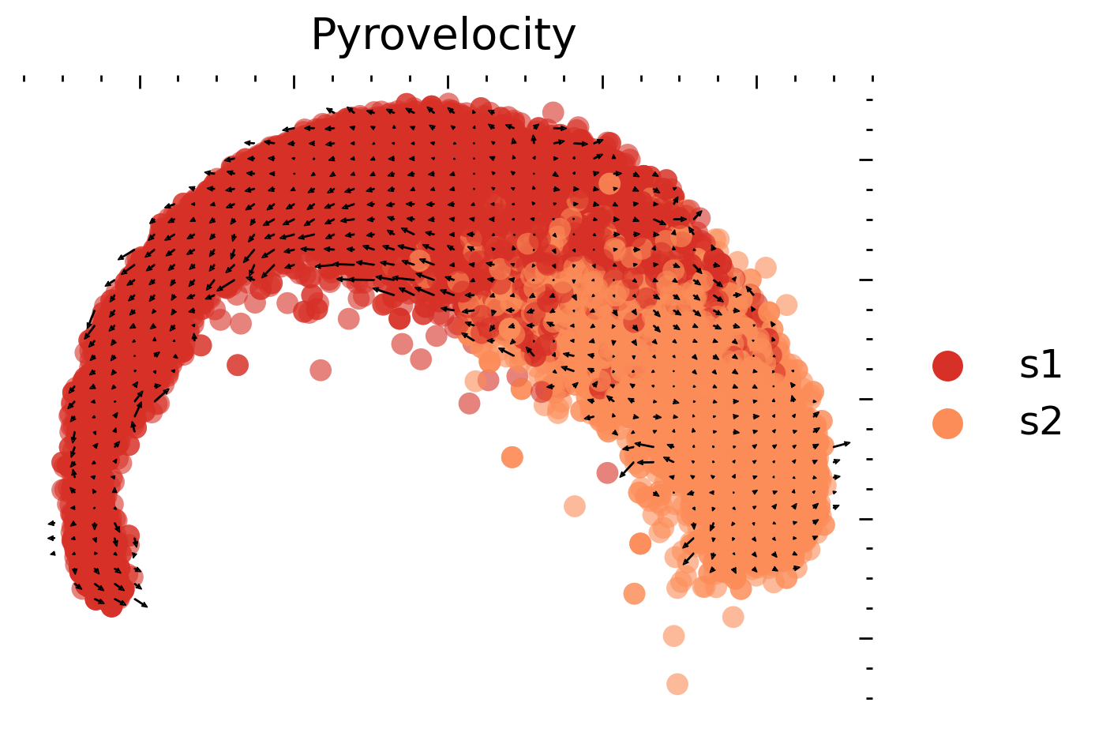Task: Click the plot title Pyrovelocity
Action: click(x=443, y=36)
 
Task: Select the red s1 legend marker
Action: click(x=947, y=366)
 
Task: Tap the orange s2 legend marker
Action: click(x=947, y=423)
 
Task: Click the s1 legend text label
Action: click(x=1041, y=365)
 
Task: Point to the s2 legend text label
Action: click(x=1041, y=423)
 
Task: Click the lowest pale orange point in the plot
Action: click(x=677, y=684)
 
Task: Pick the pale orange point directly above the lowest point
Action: click(x=673, y=636)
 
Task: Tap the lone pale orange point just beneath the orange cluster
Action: click(x=733, y=617)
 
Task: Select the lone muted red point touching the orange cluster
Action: click(x=607, y=473)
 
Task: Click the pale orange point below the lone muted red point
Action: click(x=575, y=506)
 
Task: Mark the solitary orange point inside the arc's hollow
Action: click(x=512, y=457)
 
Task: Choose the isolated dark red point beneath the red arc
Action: click(x=238, y=365)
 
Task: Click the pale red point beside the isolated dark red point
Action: click(x=320, y=370)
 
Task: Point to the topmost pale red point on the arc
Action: click(x=553, y=112)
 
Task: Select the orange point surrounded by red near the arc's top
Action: click(x=609, y=183)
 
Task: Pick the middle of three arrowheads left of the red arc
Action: click(x=51, y=538)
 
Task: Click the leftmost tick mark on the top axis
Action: click(x=24, y=78)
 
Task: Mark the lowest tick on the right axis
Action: click(x=869, y=698)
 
